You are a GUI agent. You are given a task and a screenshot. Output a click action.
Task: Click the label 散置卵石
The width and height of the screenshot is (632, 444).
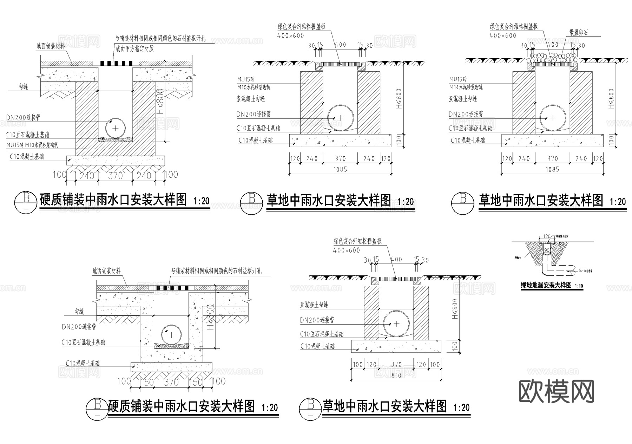[x=578, y=33]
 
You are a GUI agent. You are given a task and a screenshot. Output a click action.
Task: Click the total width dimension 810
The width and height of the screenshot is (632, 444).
[x=396, y=375]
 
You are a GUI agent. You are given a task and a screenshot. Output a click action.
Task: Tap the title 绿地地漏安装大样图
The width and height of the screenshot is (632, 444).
[x=546, y=285]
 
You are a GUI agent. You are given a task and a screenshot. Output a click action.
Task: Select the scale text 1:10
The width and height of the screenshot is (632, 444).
[x=579, y=286]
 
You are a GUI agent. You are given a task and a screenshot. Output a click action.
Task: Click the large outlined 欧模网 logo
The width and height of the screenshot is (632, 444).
[x=557, y=391]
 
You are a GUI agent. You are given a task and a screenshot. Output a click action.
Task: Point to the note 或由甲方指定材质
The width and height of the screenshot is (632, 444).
[x=135, y=48]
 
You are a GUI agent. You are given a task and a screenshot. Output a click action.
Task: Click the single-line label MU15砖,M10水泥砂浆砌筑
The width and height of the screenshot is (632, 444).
[x=32, y=145]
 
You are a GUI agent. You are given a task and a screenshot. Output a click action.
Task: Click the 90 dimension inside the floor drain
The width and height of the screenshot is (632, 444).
[x=547, y=250]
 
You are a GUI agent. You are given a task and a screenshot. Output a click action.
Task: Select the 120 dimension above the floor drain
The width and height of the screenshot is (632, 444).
[x=547, y=236]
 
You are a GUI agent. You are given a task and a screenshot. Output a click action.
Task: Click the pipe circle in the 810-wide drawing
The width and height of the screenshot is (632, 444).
[x=396, y=324]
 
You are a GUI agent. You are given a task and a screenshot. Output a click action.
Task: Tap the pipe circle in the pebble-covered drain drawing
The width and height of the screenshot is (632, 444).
[x=553, y=118]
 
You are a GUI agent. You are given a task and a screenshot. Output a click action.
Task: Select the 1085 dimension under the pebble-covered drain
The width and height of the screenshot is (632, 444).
[x=552, y=170]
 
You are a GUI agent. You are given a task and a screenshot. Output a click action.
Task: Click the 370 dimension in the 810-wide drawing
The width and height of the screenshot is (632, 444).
[x=396, y=365]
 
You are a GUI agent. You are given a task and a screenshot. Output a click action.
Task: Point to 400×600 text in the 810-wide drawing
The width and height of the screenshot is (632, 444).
[x=347, y=250]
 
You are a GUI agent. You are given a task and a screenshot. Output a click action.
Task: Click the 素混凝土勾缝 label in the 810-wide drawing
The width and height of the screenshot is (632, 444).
[x=314, y=305]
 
